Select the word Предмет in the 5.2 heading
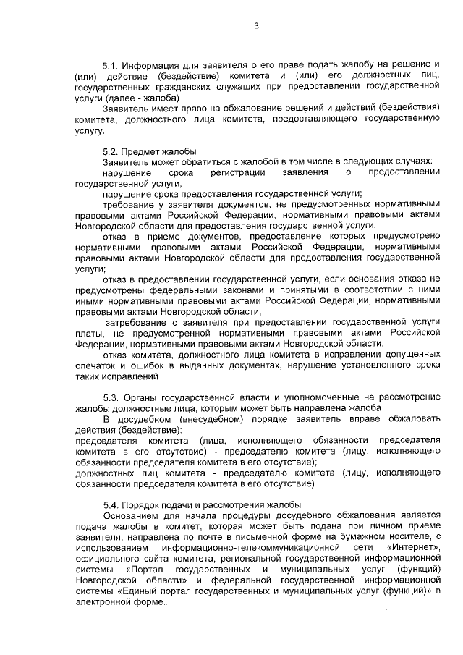(x=145, y=150)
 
